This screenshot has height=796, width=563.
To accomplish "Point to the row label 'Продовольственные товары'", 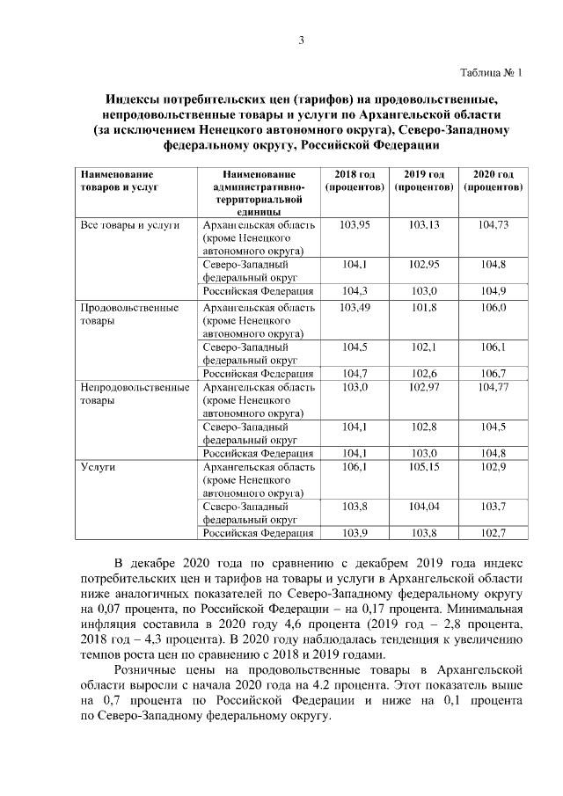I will [x=129, y=315].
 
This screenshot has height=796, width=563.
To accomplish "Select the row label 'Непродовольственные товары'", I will [x=135, y=393].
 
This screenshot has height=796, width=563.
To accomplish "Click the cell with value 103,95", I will [x=355, y=225].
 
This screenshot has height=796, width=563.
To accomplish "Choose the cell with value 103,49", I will [x=355, y=308].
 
